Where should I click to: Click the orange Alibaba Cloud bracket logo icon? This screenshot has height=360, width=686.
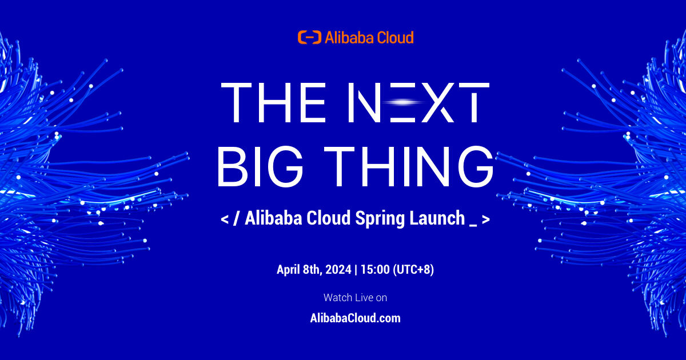[x=309, y=37]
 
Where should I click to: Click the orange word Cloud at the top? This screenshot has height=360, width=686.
[x=395, y=37]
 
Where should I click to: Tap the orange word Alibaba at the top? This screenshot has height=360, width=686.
[x=349, y=37]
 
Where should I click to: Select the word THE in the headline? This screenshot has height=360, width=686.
[x=273, y=102]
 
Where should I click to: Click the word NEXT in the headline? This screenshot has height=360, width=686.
[x=418, y=102]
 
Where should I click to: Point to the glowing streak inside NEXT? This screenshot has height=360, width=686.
[x=404, y=102]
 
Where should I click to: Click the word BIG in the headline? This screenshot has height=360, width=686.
[x=260, y=166]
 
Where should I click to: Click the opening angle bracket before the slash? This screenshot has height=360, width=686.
[x=225, y=219]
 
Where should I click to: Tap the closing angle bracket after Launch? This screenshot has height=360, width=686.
[x=486, y=219]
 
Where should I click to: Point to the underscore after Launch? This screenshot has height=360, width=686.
[x=473, y=226]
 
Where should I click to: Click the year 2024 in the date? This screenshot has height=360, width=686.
[x=338, y=270]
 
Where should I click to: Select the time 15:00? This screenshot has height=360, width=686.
[x=375, y=270]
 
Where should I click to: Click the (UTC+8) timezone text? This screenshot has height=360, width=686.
[x=413, y=270]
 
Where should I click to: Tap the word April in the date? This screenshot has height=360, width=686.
[x=288, y=270]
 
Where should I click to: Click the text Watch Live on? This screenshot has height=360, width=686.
[x=355, y=298]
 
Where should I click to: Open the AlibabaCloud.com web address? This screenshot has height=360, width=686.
[x=355, y=318]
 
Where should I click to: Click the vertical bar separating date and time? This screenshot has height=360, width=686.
[x=356, y=270]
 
